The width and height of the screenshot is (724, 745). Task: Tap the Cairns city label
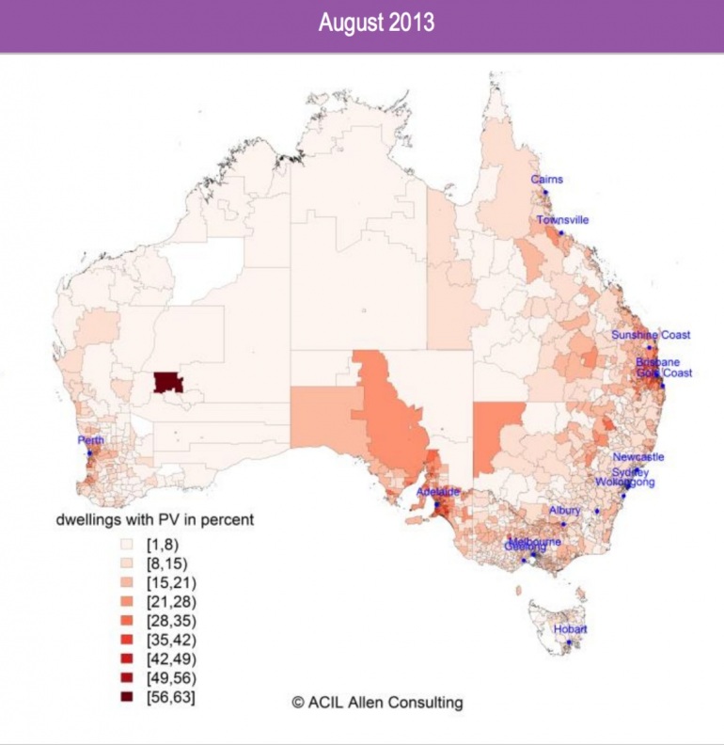(x=546, y=179)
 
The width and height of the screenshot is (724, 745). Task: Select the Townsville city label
(x=563, y=220)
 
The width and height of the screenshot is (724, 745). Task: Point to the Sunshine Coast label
(x=651, y=335)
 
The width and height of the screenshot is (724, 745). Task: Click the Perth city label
(x=92, y=440)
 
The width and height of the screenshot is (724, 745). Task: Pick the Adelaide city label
(x=437, y=492)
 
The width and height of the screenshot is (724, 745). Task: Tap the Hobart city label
(x=570, y=630)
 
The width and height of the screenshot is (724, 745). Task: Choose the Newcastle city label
(x=637, y=457)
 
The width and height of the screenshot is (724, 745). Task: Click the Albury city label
(x=566, y=511)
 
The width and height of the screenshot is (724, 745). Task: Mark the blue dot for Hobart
(x=568, y=643)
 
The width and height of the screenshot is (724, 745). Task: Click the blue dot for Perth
(x=90, y=453)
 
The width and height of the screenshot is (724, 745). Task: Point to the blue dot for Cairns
(x=543, y=191)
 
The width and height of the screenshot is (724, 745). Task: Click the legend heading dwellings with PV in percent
(x=155, y=519)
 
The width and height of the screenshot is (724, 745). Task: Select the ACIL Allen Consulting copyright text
(x=376, y=702)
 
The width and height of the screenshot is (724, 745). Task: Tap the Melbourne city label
(x=535, y=542)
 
